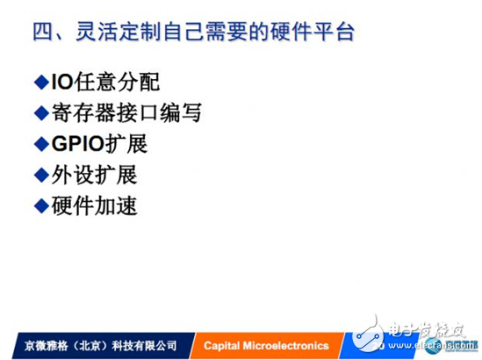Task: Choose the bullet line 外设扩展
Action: point(92,175)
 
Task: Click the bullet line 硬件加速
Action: point(92,205)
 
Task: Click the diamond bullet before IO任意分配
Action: point(40,83)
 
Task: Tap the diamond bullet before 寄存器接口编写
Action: point(40,113)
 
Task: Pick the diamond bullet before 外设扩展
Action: point(40,175)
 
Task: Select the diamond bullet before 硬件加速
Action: point(40,205)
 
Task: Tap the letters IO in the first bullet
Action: point(60,83)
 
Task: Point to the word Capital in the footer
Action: point(221,345)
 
